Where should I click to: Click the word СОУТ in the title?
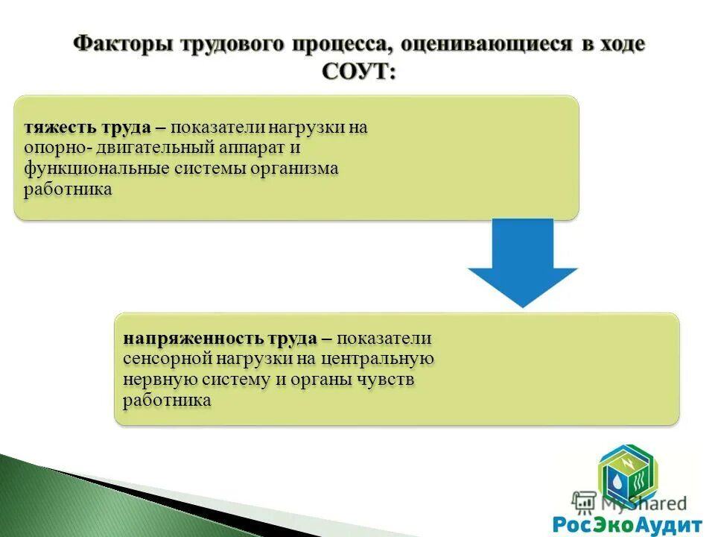coord(357,72)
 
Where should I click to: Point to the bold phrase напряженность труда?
coord(220,339)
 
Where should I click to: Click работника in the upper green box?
coord(68,189)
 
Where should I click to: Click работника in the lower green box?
coord(168,401)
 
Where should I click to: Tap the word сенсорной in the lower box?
coord(167,359)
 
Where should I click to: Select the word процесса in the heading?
coord(341,43)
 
